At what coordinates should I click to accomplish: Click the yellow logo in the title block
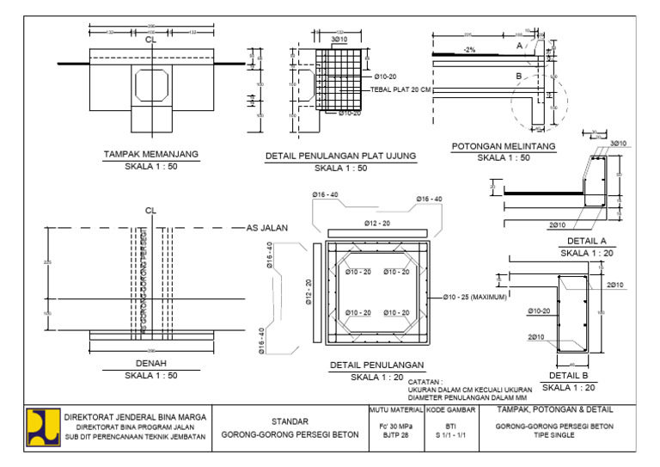tap(41, 426)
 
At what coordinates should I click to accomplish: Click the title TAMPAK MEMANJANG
tap(151, 154)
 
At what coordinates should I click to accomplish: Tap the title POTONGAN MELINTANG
tap(504, 146)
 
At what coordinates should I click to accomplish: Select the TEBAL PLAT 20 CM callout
tap(400, 89)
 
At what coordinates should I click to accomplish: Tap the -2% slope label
tap(469, 50)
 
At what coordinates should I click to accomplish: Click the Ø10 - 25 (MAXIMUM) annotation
tap(474, 298)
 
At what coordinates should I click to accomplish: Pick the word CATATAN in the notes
tap(425, 381)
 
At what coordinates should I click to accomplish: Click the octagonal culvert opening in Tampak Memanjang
tap(150, 83)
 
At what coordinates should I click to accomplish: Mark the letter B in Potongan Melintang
tap(518, 77)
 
